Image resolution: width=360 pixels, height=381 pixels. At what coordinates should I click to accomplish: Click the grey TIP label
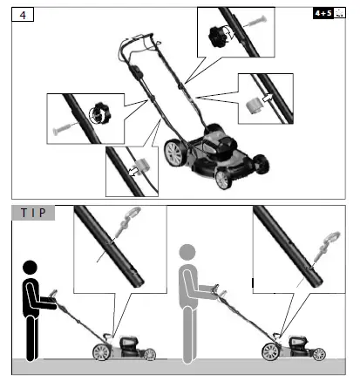tap(33, 213)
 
